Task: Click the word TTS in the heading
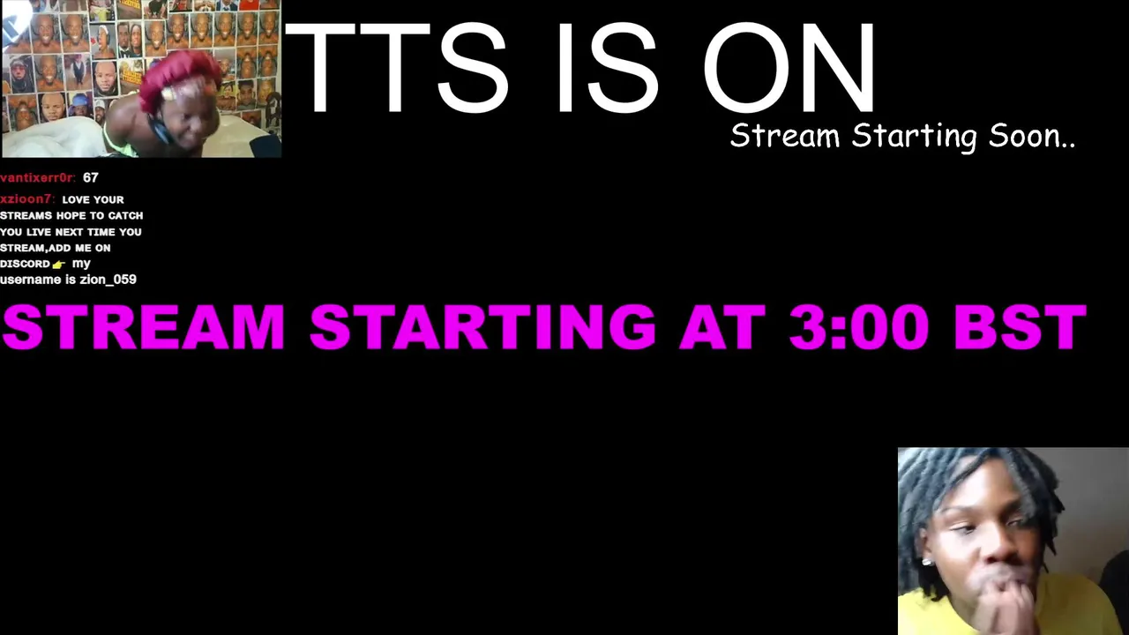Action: point(397,68)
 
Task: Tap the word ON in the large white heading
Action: point(789,68)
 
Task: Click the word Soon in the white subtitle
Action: point(1032,136)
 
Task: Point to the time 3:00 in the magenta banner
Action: point(859,326)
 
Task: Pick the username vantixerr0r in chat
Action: point(38,177)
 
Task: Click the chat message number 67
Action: point(91,177)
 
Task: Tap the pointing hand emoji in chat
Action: point(59,264)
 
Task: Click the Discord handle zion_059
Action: point(108,280)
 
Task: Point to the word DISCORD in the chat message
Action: point(26,264)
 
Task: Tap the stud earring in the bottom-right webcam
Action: point(926,562)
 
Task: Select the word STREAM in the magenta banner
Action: point(144,326)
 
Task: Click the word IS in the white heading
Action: point(608,68)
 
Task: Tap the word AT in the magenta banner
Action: point(722,326)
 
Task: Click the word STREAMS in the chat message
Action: point(26,216)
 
